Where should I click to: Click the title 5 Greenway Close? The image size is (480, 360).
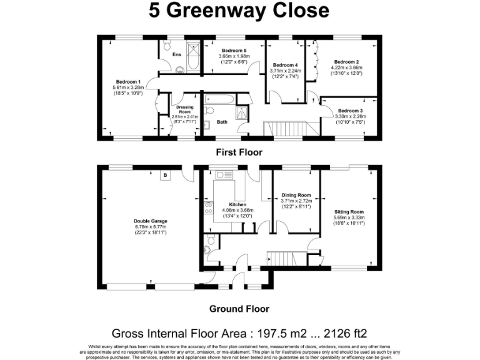coord(239,11)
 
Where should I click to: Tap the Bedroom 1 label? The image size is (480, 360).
coord(127,81)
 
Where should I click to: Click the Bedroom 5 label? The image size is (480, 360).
coord(232,50)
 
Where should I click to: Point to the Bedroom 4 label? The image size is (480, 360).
coord(285,65)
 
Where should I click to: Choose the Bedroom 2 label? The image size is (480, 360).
coord(346,62)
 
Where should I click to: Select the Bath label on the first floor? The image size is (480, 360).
coord(222,122)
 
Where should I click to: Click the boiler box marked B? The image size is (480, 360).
coord(165,176)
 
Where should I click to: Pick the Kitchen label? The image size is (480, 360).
coord(237,204)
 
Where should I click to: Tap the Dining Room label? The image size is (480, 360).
coord(296,194)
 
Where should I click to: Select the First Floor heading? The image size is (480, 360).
coord(239,152)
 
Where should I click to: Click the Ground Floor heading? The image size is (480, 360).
coord(239,309)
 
